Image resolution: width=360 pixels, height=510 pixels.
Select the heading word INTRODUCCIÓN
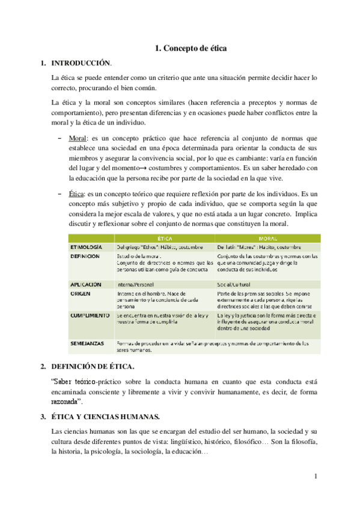(81, 63)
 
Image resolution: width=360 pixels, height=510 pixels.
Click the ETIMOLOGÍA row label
(86, 247)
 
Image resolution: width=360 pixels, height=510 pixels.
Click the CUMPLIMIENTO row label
(90, 315)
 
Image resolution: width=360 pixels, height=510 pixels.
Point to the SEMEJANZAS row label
(87, 343)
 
